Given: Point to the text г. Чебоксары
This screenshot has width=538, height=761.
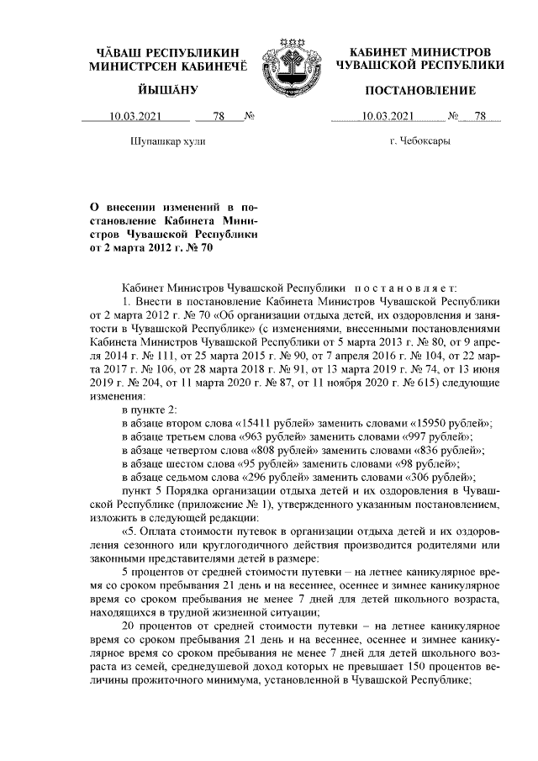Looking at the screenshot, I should click(x=419, y=142).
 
